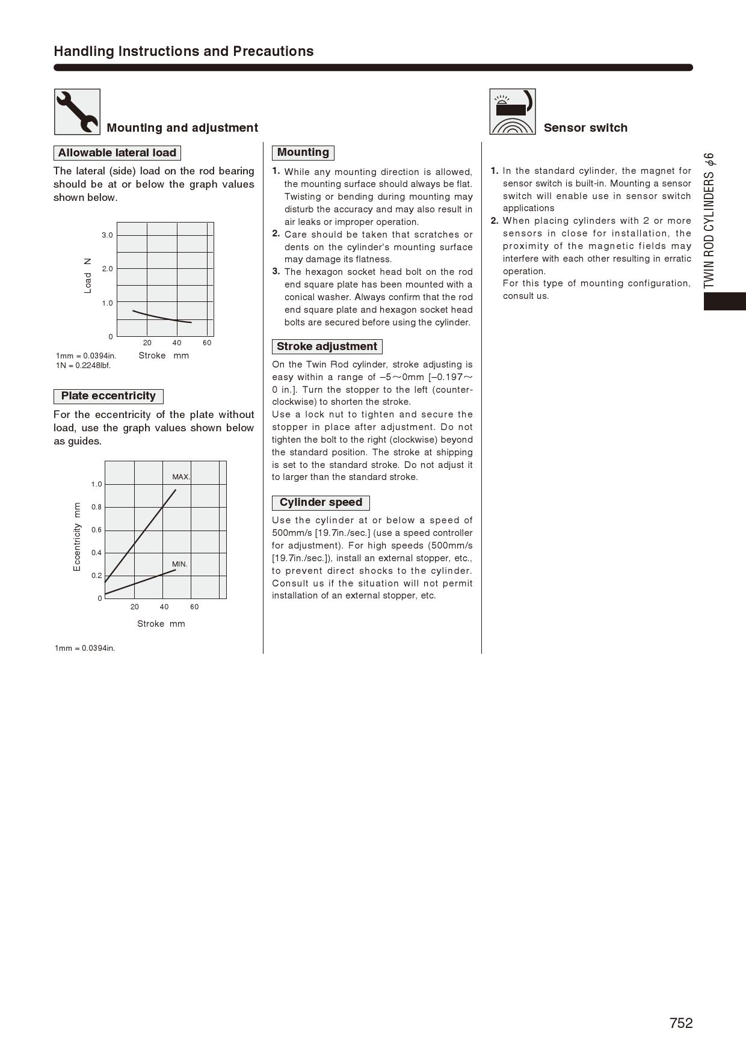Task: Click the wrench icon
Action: tap(77, 112)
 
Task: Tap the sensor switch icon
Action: tap(512, 112)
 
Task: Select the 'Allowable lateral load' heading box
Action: tap(117, 153)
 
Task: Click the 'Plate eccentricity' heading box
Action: tap(108, 396)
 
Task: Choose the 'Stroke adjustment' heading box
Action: tap(327, 346)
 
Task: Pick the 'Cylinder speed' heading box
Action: tap(321, 502)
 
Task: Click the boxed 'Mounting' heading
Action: tap(303, 152)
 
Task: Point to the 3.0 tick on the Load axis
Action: tap(107, 235)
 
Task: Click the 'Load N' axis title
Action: tap(88, 275)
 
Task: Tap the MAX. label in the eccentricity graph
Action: tap(181, 477)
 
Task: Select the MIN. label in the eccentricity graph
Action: tap(180, 564)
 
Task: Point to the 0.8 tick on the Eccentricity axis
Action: tap(97, 507)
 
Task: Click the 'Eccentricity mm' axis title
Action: tap(77, 537)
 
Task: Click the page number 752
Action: tap(681, 1023)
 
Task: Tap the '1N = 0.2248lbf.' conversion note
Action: tap(84, 365)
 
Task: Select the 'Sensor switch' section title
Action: tap(585, 128)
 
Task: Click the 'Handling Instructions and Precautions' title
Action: tap(183, 51)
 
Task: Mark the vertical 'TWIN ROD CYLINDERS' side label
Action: tap(709, 220)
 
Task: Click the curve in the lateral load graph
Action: tap(162, 317)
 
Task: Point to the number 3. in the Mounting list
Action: tap(276, 271)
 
